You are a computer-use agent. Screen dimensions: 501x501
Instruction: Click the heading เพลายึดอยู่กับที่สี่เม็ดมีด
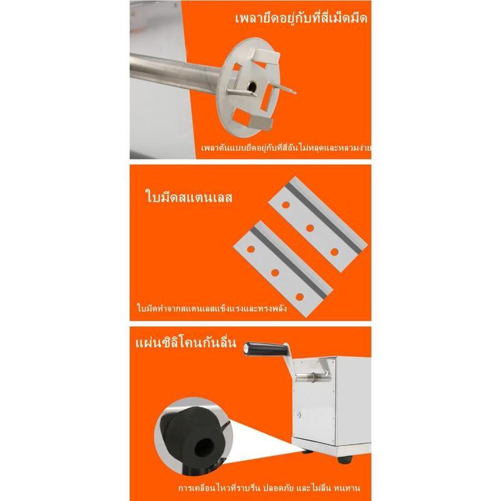[301, 18]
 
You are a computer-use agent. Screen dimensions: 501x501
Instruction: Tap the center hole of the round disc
[252, 86]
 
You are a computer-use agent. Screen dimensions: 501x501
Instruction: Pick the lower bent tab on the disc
[261, 123]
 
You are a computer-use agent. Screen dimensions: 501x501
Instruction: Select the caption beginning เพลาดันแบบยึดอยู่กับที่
[286, 148]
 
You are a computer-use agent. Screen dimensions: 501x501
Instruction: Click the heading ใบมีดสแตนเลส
[189, 197]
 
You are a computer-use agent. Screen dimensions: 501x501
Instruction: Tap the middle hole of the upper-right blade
[309, 228]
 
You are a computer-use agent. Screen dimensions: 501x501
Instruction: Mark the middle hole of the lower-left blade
[275, 272]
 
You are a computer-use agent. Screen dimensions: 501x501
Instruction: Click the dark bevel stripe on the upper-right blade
[325, 217]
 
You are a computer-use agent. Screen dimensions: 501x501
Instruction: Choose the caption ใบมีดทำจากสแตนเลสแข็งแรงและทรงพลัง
[212, 308]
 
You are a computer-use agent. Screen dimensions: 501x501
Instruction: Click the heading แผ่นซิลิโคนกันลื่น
[185, 343]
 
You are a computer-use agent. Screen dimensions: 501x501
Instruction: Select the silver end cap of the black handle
[246, 348]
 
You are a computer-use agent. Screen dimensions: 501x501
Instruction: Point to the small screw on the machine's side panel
[299, 415]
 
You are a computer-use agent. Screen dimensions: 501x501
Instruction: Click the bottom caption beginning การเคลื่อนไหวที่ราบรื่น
[269, 488]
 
